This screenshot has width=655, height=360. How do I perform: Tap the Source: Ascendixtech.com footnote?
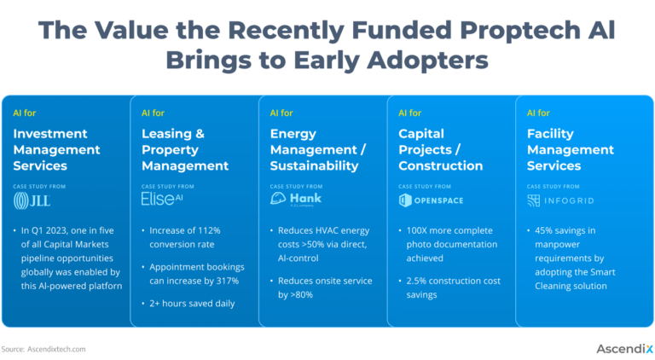[43, 349]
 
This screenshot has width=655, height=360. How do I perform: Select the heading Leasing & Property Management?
[184, 149]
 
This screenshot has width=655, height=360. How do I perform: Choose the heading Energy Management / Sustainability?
[318, 149]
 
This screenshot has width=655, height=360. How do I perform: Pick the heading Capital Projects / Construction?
[440, 149]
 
